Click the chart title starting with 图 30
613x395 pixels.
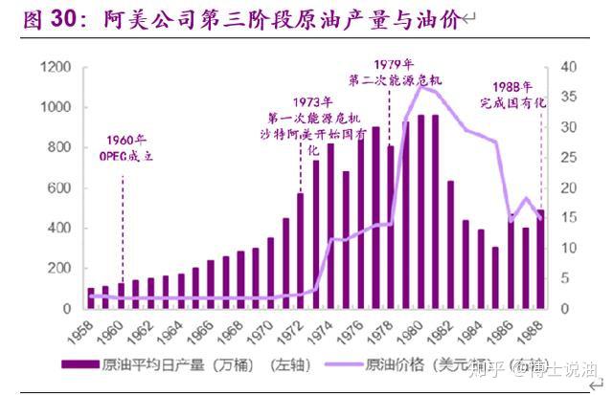point(239,20)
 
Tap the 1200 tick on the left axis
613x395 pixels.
point(56,67)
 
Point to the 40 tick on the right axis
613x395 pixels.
point(570,67)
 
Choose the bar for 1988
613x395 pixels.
point(539,259)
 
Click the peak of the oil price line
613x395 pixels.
point(420,87)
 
